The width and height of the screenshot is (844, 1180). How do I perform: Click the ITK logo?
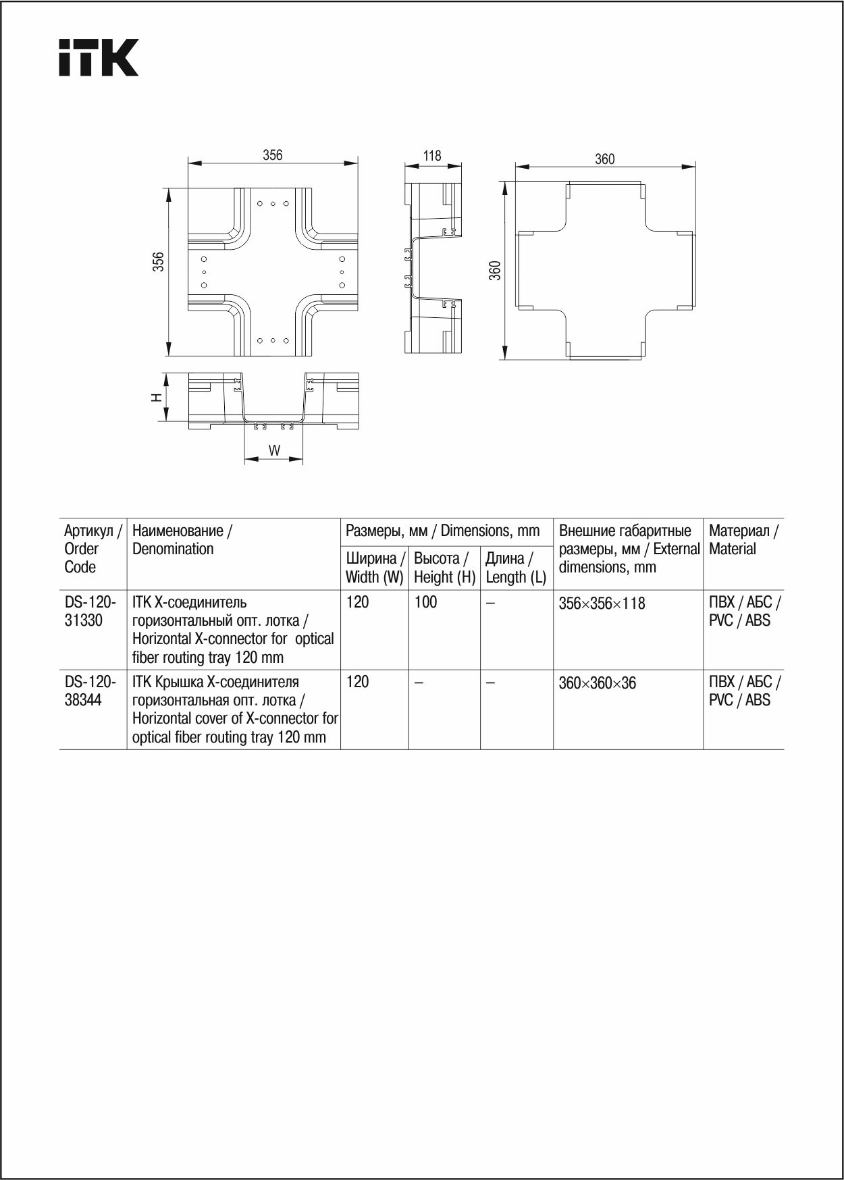click(99, 57)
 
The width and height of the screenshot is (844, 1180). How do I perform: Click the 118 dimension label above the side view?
click(432, 156)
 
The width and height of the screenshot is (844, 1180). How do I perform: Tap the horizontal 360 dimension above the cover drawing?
click(604, 159)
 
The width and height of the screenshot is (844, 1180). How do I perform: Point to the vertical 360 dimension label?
click(495, 271)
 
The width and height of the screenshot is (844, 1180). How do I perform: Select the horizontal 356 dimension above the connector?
click(272, 155)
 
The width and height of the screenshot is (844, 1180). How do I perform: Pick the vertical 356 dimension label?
click(158, 262)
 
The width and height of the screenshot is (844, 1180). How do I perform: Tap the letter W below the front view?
click(274, 450)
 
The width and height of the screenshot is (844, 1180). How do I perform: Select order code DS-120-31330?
click(90, 611)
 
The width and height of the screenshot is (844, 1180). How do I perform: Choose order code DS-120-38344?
click(90, 691)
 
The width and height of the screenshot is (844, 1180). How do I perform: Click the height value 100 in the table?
click(426, 602)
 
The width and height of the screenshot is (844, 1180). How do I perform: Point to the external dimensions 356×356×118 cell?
click(602, 604)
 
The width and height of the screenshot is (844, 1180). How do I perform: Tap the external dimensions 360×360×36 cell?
click(597, 683)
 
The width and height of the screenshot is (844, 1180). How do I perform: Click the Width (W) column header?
click(375, 568)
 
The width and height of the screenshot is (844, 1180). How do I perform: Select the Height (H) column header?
click(444, 568)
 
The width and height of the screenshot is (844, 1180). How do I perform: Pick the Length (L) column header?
click(516, 568)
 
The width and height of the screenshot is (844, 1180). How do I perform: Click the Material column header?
click(743, 540)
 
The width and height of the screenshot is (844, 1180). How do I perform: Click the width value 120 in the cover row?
click(358, 682)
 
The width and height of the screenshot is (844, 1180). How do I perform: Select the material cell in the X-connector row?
click(744, 611)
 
